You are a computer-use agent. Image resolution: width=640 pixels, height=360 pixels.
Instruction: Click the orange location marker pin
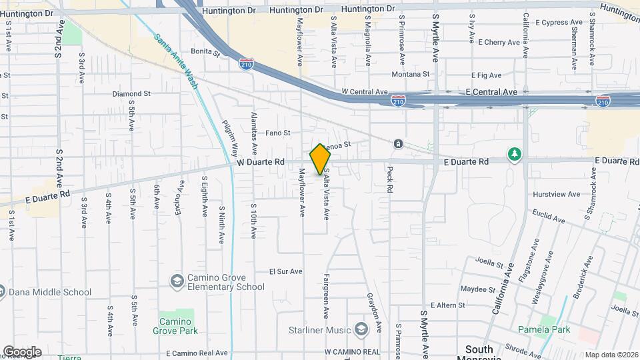pyautogui.click(x=320, y=159)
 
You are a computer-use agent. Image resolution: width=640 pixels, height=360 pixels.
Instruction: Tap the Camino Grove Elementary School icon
pyautogui.click(x=177, y=281)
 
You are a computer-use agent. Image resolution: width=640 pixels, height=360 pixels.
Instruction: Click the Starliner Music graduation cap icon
pyautogui.click(x=361, y=329)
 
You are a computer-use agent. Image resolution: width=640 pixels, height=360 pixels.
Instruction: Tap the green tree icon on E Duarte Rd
pyautogui.click(x=514, y=155)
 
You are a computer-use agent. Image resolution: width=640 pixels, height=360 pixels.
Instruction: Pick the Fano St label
pyautogui.click(x=278, y=133)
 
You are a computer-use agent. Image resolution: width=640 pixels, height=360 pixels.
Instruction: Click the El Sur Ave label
pyautogui.click(x=285, y=271)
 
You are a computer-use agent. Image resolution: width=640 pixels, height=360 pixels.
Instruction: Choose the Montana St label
pyautogui.click(x=410, y=74)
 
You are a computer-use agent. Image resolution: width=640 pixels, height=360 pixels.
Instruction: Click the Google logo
pyautogui.click(x=22, y=351)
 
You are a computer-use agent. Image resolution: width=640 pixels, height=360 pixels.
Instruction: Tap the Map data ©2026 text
pyautogui.click(x=610, y=355)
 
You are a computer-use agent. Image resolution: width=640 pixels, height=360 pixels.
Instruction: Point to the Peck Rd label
pyautogui.click(x=390, y=179)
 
